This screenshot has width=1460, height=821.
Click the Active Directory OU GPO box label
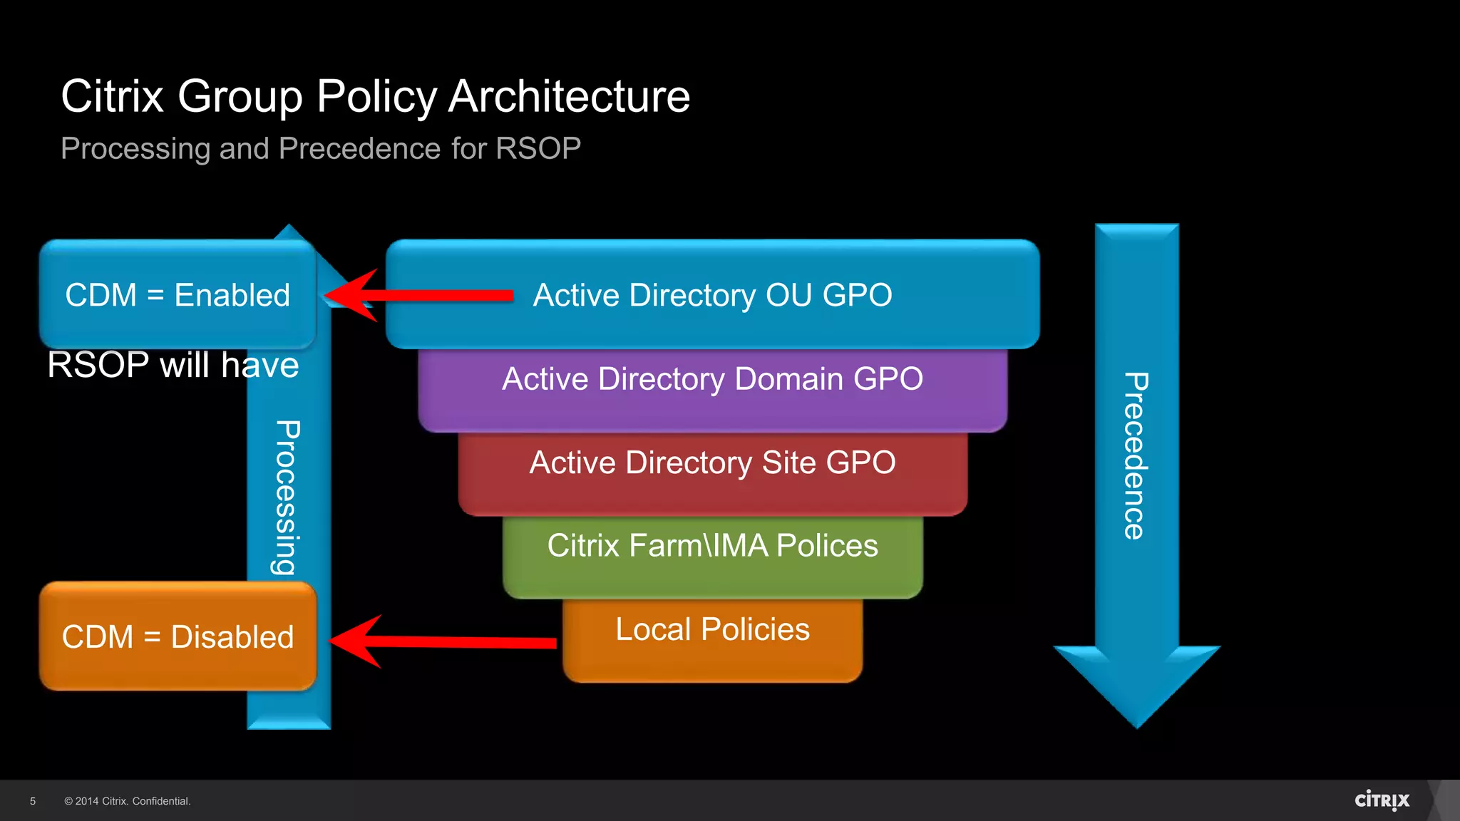pyautogui.click(x=712, y=295)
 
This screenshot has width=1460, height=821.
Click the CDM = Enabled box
pyautogui.click(x=178, y=295)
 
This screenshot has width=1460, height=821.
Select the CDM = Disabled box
pyautogui.click(x=178, y=636)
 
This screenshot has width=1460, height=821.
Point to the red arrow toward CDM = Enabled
pyautogui.click(x=421, y=295)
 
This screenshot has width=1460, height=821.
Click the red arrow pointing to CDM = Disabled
pyautogui.click(x=442, y=641)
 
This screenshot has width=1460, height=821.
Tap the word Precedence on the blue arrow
pyautogui.click(x=1136, y=456)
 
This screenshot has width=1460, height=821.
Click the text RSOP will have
pyautogui.click(x=173, y=366)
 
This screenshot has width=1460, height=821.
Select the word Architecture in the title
pyautogui.click(x=569, y=96)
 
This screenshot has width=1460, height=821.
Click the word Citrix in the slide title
pyautogui.click(x=113, y=96)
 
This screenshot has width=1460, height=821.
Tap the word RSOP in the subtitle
pyautogui.click(x=538, y=149)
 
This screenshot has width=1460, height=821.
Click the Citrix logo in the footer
pyautogui.click(x=1382, y=800)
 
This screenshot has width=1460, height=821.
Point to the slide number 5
pyautogui.click(x=33, y=801)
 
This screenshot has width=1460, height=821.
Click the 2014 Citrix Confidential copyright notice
pyautogui.click(x=128, y=801)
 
